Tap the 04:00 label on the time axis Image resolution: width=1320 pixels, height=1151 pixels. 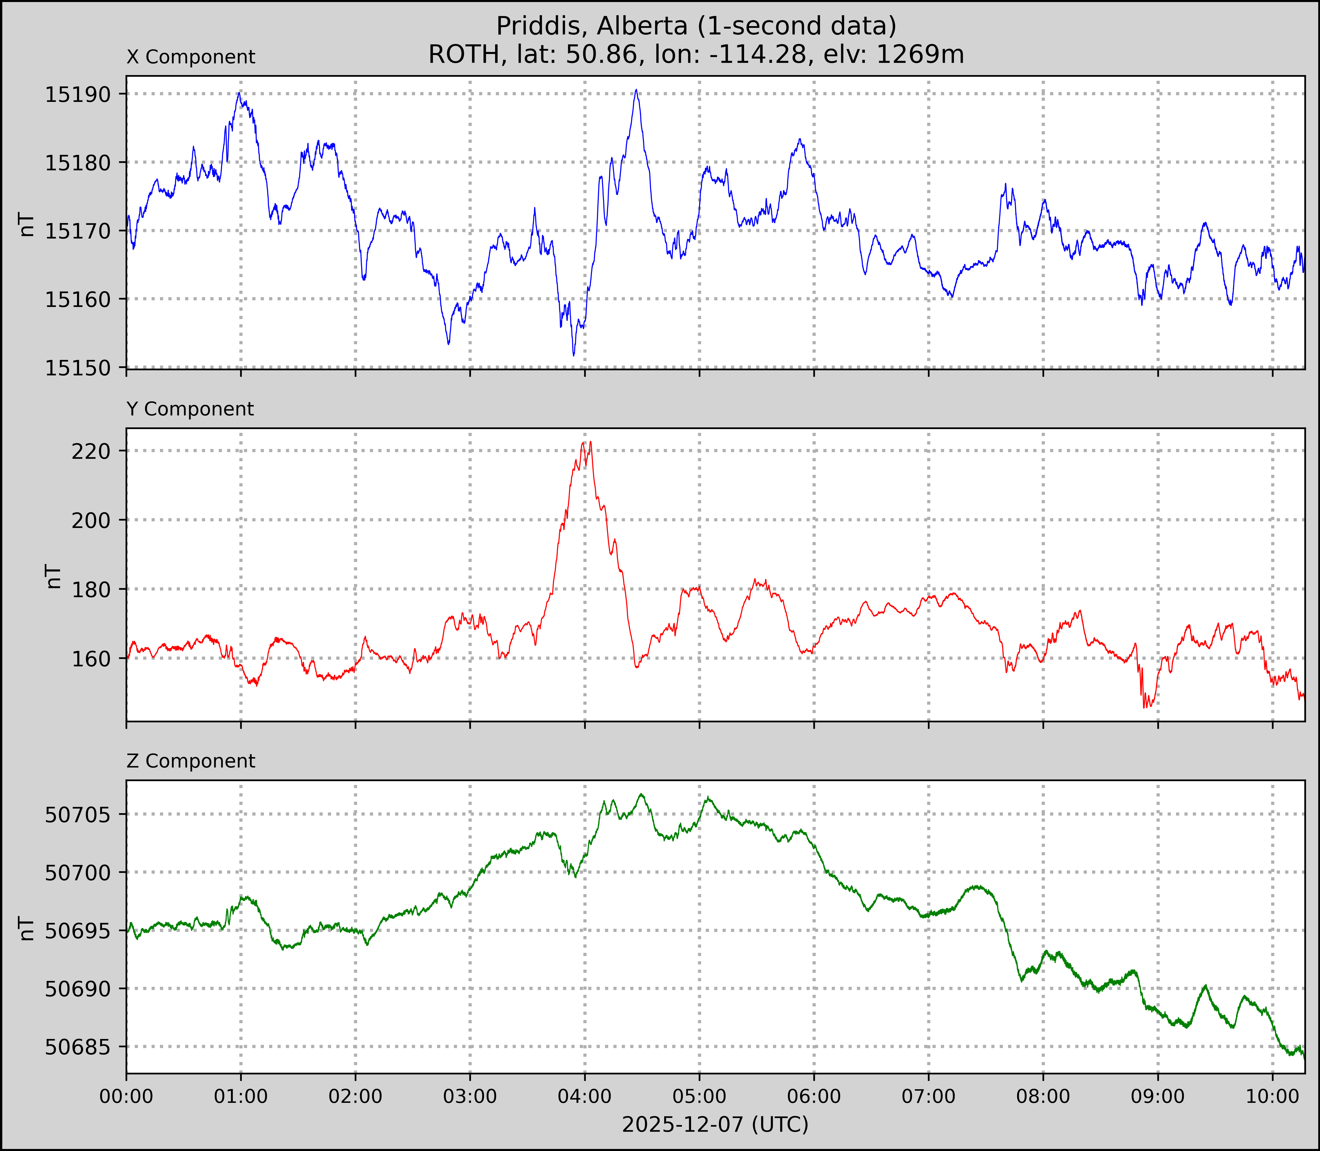[585, 1096]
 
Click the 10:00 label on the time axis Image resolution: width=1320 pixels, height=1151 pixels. [1272, 1096]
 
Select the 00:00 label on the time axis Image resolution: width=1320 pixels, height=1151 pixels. [126, 1096]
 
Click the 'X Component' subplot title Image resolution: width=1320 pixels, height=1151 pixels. [191, 57]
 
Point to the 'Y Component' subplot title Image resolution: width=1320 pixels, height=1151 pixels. [190, 409]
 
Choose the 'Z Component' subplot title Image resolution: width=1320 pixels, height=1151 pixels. [191, 761]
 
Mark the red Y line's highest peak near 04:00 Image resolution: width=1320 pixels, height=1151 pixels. [590, 442]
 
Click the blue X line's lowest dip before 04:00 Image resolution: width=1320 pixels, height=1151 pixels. [574, 355]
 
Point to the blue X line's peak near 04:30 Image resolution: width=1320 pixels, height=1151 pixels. [636, 90]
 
